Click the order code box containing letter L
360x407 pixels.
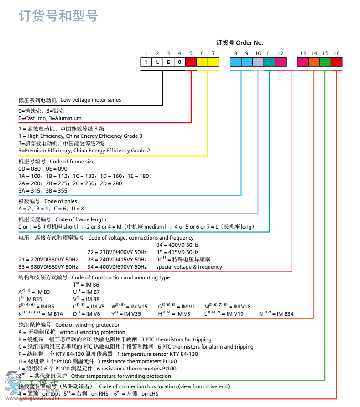[x=157, y=62]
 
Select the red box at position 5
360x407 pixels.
[x=191, y=62]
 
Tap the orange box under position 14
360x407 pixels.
[x=314, y=62]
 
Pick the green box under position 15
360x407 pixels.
[x=325, y=62]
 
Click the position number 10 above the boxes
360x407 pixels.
[x=258, y=53]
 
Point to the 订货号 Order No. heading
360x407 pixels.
[x=240, y=42]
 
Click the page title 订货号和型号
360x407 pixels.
[x=58, y=16]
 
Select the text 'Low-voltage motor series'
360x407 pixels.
[x=91, y=100]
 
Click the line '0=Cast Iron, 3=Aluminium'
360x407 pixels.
[x=50, y=118]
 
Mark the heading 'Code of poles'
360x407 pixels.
[x=61, y=201]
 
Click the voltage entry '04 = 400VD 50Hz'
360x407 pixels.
[x=177, y=245]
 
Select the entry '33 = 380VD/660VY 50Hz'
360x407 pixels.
[x=48, y=267]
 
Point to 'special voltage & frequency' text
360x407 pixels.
[x=189, y=267]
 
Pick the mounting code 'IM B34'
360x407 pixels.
[x=283, y=314]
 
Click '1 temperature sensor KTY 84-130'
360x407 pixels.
[x=157, y=354]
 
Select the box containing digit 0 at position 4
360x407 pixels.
[x=179, y=62]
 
